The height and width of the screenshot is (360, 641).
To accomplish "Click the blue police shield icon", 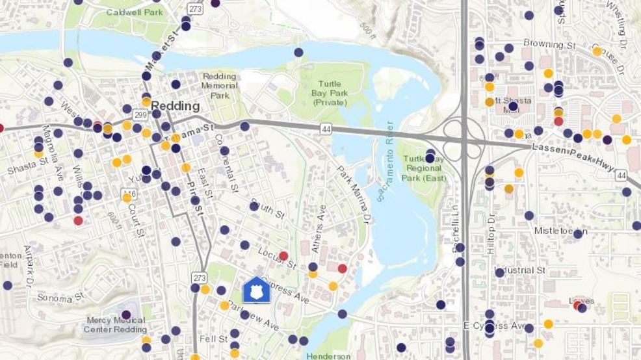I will (x=255, y=290).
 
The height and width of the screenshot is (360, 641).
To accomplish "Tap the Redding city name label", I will (x=176, y=106).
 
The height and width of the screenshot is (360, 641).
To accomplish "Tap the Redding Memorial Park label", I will (x=219, y=86).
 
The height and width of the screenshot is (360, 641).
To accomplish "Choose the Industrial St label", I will (x=520, y=270).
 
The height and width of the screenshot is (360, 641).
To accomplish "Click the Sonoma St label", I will (x=61, y=297).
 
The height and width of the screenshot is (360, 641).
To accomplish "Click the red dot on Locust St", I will (x=283, y=256).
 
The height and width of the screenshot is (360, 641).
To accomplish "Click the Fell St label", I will (x=214, y=339).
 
